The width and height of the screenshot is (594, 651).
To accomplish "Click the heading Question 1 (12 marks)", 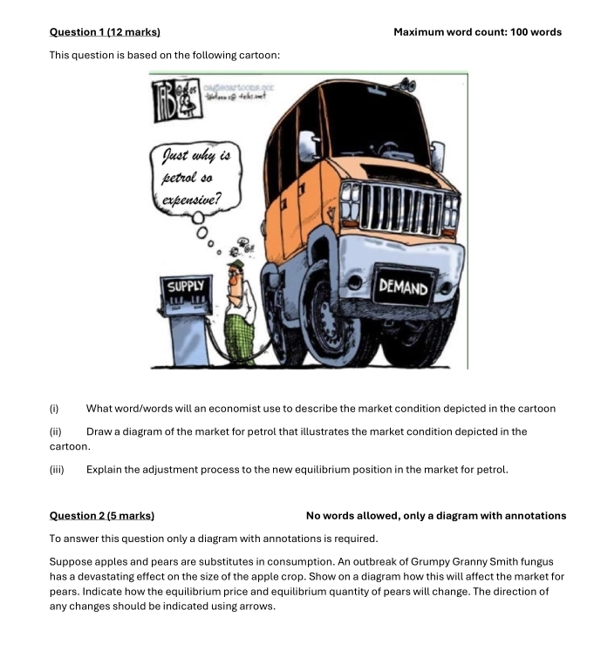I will (105, 32).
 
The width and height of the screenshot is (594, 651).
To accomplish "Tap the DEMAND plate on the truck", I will (403, 288).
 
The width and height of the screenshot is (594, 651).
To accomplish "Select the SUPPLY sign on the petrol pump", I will (185, 286).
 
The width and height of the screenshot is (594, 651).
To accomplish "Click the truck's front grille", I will (400, 209).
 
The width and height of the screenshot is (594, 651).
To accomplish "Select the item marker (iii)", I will (57, 470).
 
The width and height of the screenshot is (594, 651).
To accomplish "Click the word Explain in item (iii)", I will (105, 470).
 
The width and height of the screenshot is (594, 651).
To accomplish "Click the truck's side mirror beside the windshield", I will (437, 156).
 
